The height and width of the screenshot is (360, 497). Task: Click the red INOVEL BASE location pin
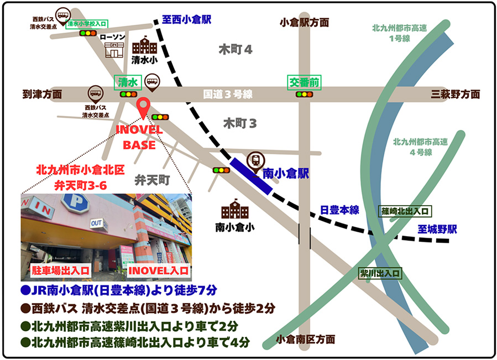coord(143,107)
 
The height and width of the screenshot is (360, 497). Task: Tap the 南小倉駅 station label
coord(285,173)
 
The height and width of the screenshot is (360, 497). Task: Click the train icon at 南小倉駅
coord(255,160)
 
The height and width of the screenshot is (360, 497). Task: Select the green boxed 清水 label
coord(128,82)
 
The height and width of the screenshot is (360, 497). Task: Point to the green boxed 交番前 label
coord(304,82)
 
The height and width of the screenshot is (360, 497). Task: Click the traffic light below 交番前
coord(304,95)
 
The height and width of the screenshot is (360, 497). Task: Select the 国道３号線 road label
coord(228,95)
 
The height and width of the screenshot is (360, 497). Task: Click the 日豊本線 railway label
coord(339,210)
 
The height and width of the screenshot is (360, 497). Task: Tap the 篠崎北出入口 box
coord(405,211)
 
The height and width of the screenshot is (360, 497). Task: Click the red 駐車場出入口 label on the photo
coord(54,271)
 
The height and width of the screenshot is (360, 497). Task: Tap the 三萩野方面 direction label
coord(456,95)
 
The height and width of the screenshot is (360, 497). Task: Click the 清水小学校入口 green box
coord(87,24)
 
